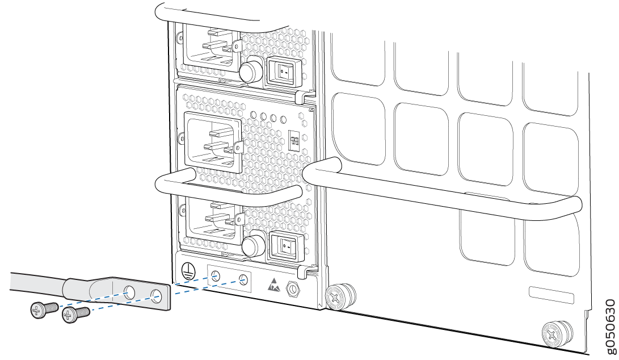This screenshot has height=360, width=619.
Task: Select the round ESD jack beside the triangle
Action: [x=293, y=288]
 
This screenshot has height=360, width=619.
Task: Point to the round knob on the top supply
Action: [x=249, y=72]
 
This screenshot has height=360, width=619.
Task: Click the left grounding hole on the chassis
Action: [x=215, y=277]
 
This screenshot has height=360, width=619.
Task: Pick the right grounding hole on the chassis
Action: [x=243, y=279]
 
